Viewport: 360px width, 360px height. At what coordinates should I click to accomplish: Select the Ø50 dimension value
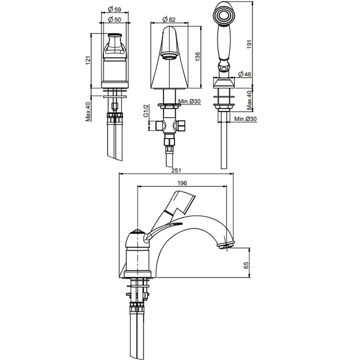click(x=114, y=20)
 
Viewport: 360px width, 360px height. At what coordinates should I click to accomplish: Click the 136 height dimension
click(x=198, y=56)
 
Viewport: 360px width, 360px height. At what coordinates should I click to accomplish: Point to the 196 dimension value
click(x=182, y=183)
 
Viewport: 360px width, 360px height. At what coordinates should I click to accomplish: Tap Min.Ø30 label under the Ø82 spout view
click(x=189, y=102)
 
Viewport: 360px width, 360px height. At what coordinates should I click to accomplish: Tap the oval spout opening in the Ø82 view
click(x=169, y=54)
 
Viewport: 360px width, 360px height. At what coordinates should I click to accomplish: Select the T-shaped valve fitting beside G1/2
click(x=170, y=126)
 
